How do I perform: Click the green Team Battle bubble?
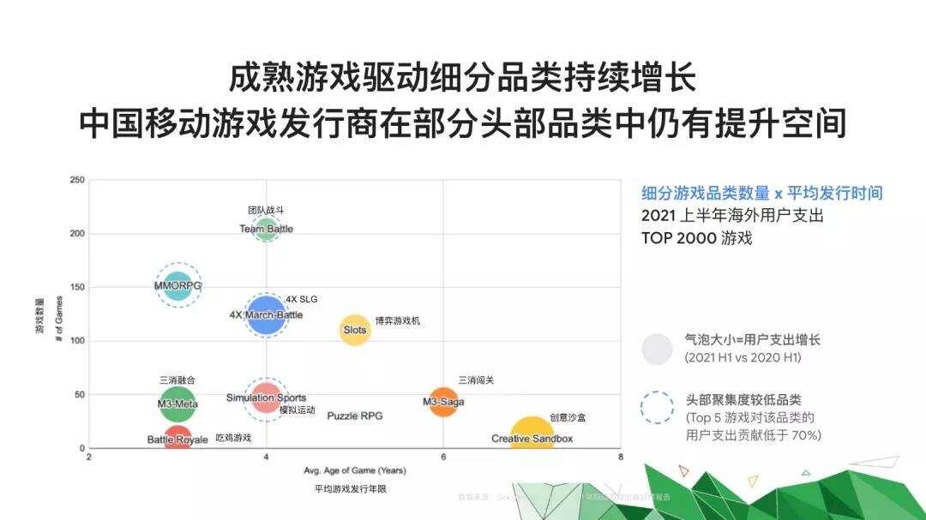pyautogui.click(x=267, y=229)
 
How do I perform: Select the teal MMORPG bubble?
pyautogui.click(x=177, y=285)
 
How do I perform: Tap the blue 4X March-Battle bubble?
pyautogui.click(x=267, y=314)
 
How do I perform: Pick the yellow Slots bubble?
pyautogui.click(x=355, y=329)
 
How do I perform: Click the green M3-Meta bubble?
pyautogui.click(x=177, y=403)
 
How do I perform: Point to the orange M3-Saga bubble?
pyautogui.click(x=443, y=402)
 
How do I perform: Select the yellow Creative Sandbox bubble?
pyautogui.click(x=532, y=437)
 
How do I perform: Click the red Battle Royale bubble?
pyautogui.click(x=177, y=439)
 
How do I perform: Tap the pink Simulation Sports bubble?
pyautogui.click(x=267, y=397)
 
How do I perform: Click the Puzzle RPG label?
pyautogui.click(x=354, y=415)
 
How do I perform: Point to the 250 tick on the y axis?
pyautogui.click(x=77, y=180)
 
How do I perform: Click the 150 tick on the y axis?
pyautogui.click(x=77, y=287)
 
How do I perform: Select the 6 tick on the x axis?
pyautogui.click(x=443, y=457)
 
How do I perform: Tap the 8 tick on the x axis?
pyautogui.click(x=621, y=457)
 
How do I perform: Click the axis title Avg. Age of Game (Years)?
pyautogui.click(x=354, y=470)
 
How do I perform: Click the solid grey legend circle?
pyautogui.click(x=658, y=349)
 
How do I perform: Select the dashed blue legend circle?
pyautogui.click(x=658, y=408)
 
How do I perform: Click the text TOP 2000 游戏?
pyautogui.click(x=696, y=238)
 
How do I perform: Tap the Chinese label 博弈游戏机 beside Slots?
pyautogui.click(x=398, y=320)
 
